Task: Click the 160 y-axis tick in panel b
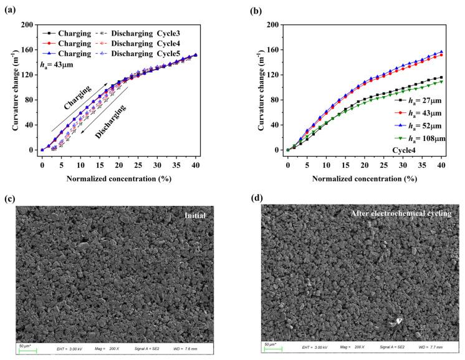[x=275, y=50]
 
